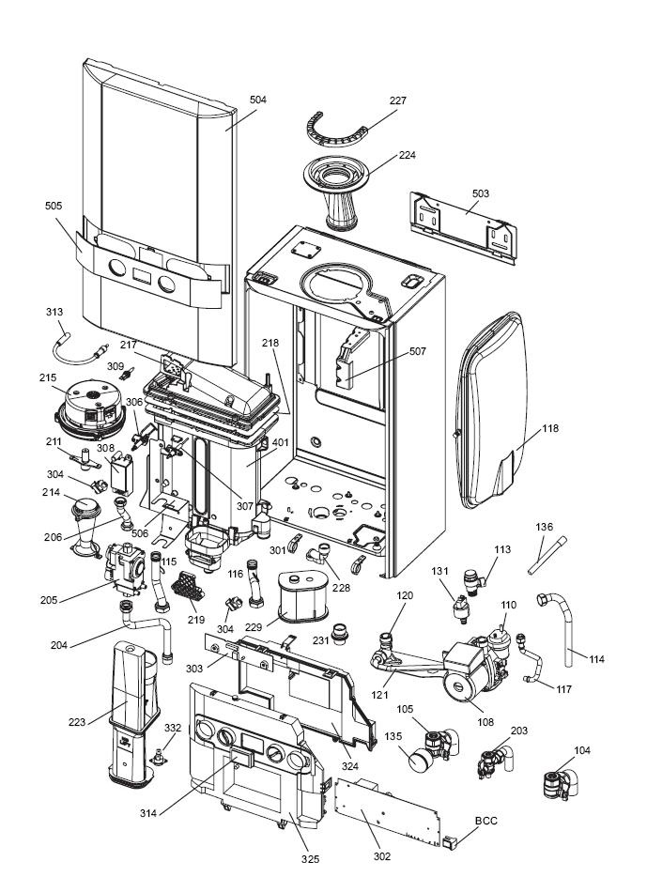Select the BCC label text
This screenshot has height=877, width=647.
tap(486, 820)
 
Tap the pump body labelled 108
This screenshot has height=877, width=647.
tap(470, 672)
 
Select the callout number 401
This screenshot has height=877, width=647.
tap(281, 442)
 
